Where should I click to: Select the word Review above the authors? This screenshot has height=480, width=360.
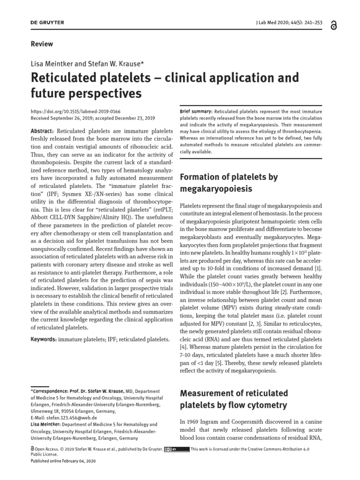point(42,44)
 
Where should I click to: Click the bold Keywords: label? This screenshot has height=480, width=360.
point(43,338)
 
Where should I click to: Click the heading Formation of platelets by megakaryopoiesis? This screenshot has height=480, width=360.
point(229,183)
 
